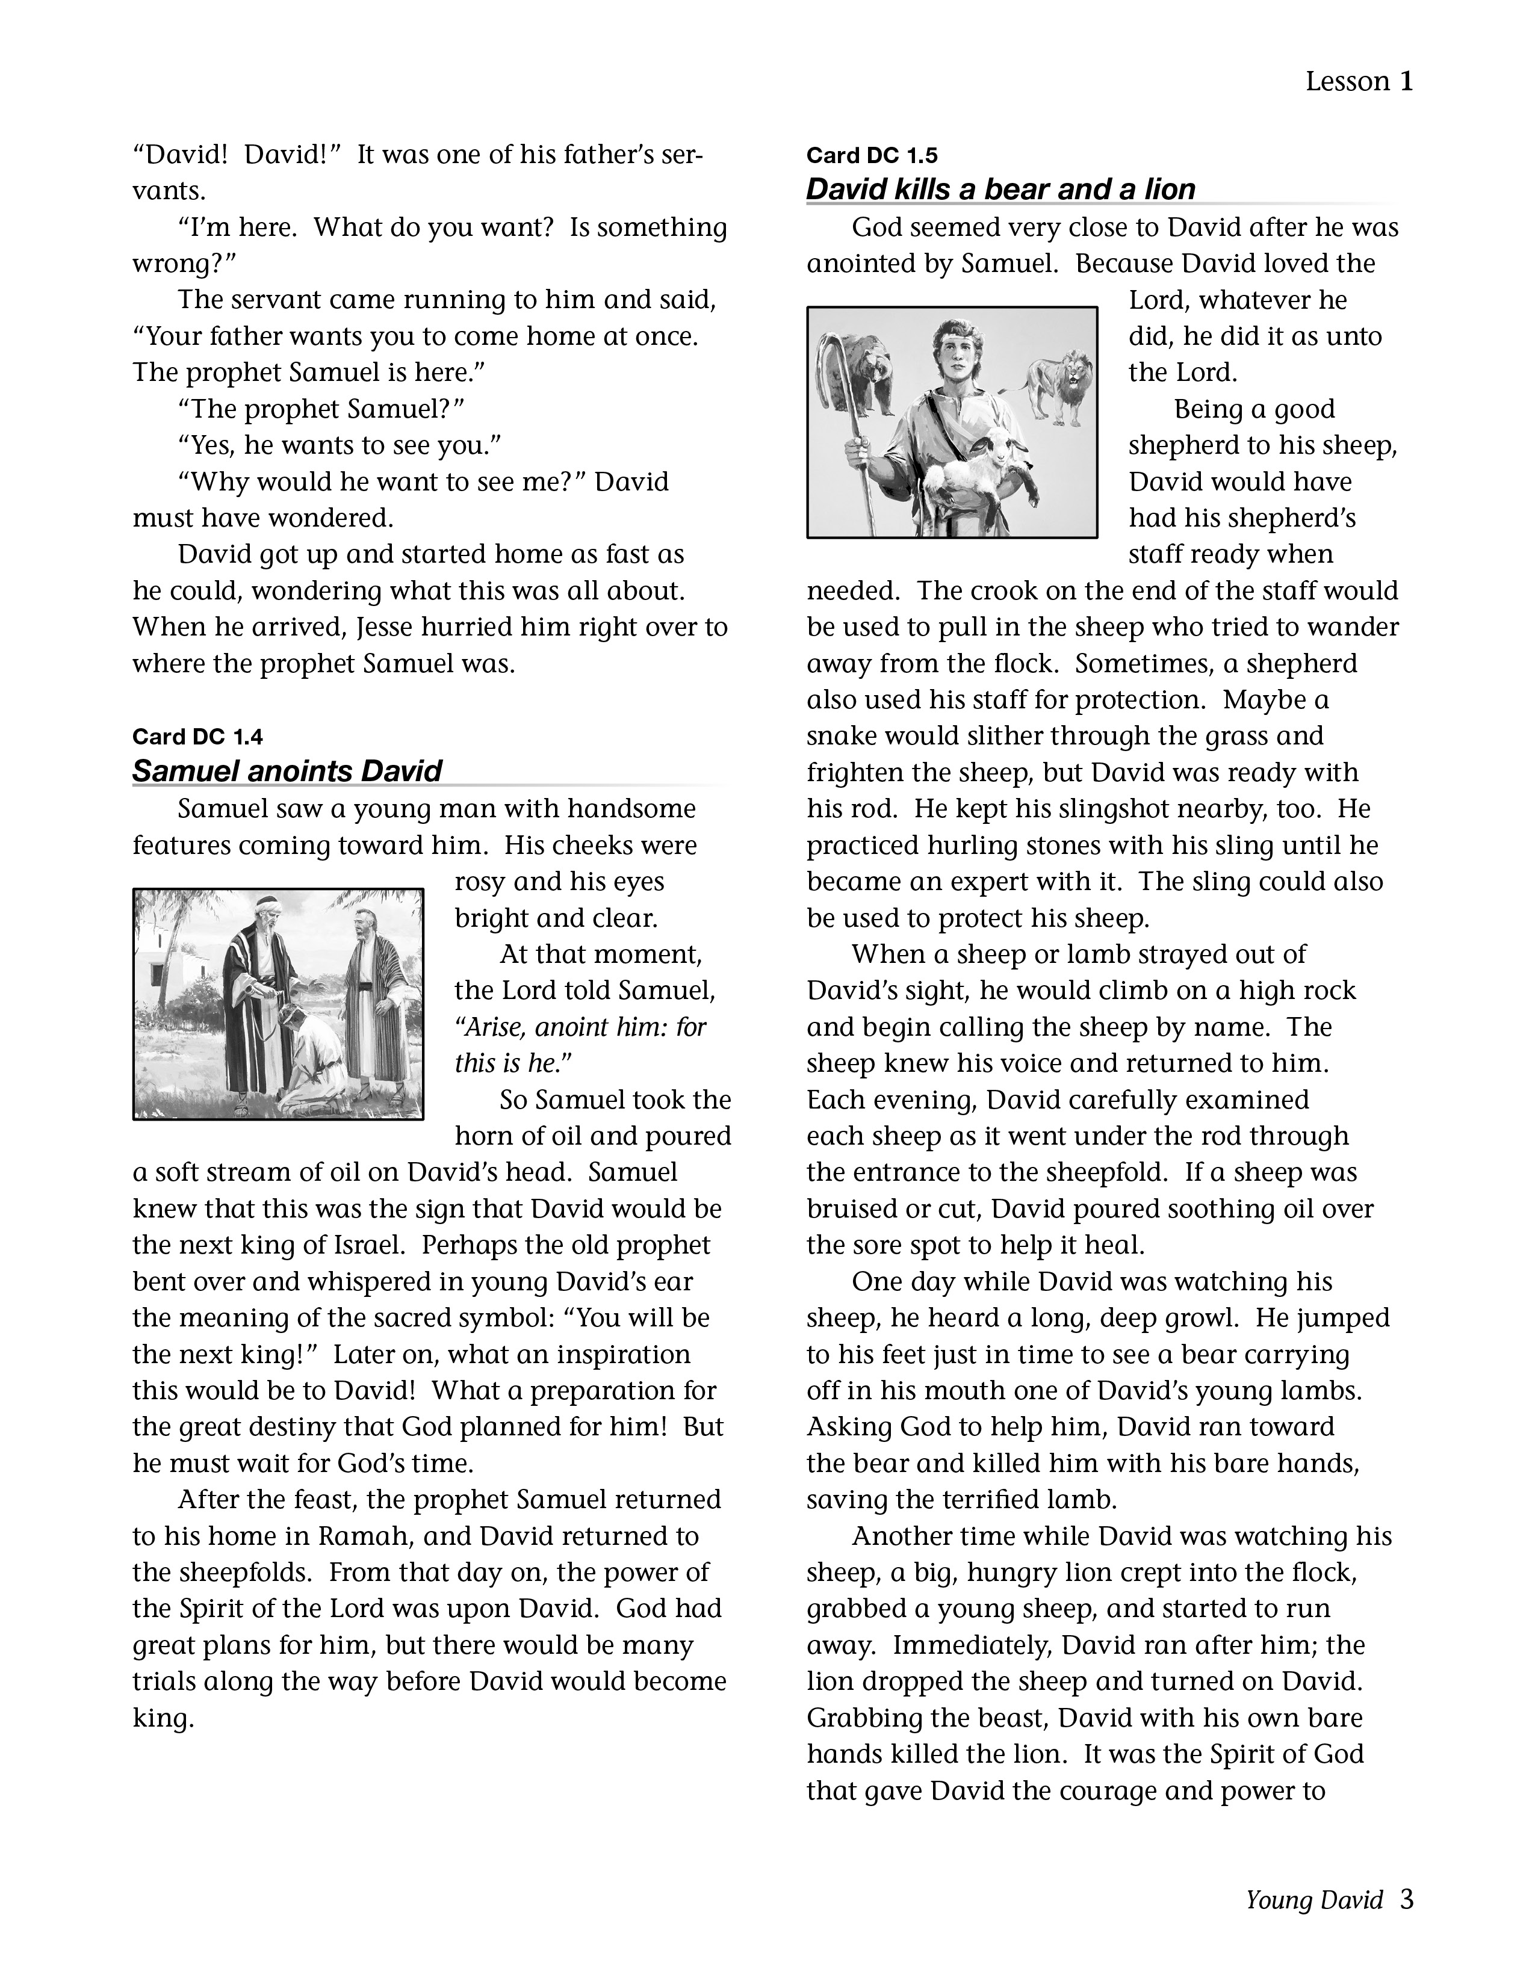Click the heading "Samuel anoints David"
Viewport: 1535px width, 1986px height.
pyautogui.click(x=287, y=771)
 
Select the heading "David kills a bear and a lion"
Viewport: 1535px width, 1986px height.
pyautogui.click(x=1000, y=189)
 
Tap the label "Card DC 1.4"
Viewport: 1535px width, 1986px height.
pyautogui.click(x=197, y=735)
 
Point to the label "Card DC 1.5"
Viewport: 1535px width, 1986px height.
pyautogui.click(x=871, y=155)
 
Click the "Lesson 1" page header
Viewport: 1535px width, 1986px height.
pyautogui.click(x=1359, y=82)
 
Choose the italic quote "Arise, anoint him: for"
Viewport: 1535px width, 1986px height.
pyautogui.click(x=580, y=1027)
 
